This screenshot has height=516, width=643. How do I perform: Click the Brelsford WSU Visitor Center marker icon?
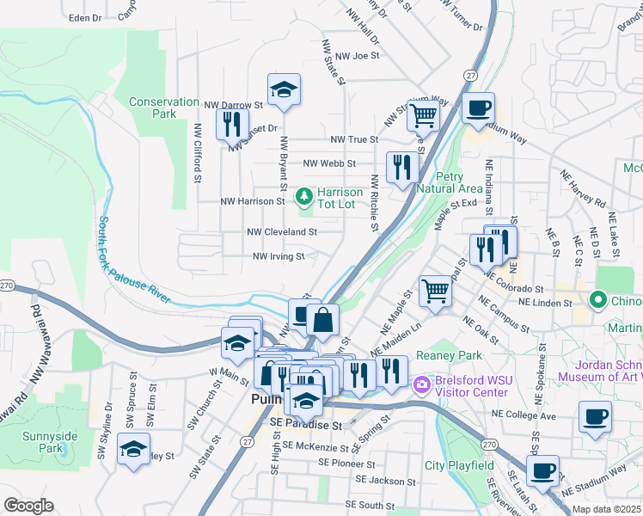(421, 383)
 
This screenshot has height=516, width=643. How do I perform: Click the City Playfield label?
(459, 465)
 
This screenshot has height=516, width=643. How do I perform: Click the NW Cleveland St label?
(282, 231)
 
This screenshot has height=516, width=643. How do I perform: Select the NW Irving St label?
(279, 256)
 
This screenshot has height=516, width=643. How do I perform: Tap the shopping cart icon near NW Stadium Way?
(423, 114)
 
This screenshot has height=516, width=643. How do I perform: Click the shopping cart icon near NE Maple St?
(436, 292)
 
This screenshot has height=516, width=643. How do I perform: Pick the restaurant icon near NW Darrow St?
(230, 125)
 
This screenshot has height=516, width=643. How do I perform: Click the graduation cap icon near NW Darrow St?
(283, 89)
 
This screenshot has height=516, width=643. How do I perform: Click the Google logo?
(28, 506)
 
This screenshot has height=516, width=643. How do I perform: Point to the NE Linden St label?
(543, 303)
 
